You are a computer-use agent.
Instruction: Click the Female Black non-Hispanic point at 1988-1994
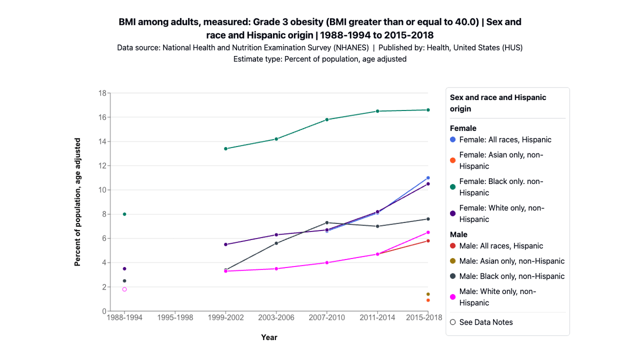[x=124, y=214]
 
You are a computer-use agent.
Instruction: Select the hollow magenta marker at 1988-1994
[x=124, y=289]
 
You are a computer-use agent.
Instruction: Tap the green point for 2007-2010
[x=326, y=119]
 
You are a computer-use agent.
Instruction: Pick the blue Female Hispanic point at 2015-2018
[x=428, y=178]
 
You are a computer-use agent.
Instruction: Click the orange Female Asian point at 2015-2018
[x=428, y=300]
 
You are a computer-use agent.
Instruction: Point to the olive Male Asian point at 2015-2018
[x=428, y=294]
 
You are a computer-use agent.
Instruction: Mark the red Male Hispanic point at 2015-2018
[x=428, y=241]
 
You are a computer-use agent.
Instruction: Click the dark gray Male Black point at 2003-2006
[x=276, y=243]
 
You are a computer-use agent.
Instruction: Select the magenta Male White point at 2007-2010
[x=326, y=262]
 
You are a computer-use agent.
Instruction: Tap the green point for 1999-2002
[x=225, y=148]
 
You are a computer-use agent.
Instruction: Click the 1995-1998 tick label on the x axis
[x=175, y=317]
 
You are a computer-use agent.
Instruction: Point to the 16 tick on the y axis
[x=102, y=117]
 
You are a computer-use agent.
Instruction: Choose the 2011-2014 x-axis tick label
[x=377, y=317]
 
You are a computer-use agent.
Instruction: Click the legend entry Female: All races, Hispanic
[x=505, y=139]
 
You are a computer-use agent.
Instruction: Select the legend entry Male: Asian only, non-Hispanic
[x=511, y=261]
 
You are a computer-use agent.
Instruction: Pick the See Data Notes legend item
[x=485, y=322]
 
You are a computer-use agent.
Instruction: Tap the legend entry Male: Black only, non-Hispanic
[x=511, y=276]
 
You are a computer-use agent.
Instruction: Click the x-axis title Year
[x=269, y=337]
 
